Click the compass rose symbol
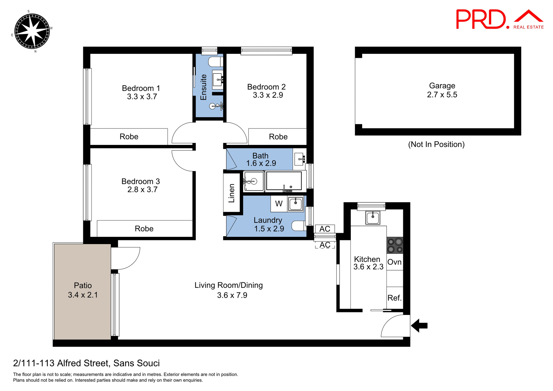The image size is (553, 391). (32, 31)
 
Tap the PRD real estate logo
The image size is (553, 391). (499, 19)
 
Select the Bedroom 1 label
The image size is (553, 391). (141, 88)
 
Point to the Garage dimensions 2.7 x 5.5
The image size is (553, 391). (442, 95)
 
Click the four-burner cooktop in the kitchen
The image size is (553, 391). (395, 245)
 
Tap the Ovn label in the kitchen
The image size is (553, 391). (394, 262)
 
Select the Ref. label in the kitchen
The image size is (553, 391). (394, 298)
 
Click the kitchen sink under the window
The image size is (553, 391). (372, 218)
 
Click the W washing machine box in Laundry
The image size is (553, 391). (279, 204)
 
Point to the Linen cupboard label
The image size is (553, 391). (232, 193)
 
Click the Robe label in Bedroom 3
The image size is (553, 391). (144, 229)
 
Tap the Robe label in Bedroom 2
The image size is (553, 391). (278, 137)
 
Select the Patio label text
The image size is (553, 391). (83, 286)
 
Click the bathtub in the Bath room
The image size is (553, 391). (284, 181)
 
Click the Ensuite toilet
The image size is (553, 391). (215, 62)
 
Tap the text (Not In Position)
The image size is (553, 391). (436, 144)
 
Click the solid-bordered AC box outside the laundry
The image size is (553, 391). (325, 229)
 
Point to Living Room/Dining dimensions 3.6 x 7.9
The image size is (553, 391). (232, 295)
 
